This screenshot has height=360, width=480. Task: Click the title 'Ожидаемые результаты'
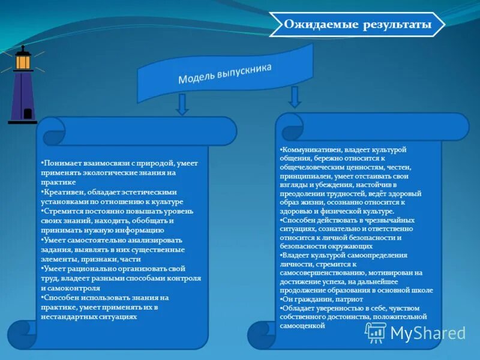point(358,25)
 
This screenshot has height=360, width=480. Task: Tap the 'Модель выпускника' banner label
point(225,74)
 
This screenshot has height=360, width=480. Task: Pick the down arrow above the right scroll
point(294,96)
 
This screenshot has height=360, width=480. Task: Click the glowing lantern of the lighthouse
point(23,60)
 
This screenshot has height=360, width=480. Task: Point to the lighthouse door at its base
point(27,113)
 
